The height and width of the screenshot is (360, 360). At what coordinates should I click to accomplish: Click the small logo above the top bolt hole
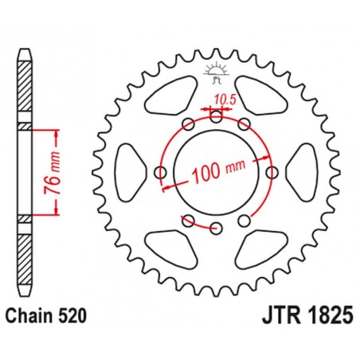tap(216, 71)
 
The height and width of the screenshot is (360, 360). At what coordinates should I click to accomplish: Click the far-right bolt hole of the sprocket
tap(272, 173)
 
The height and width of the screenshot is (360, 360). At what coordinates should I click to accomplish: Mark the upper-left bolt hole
tap(188, 124)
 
